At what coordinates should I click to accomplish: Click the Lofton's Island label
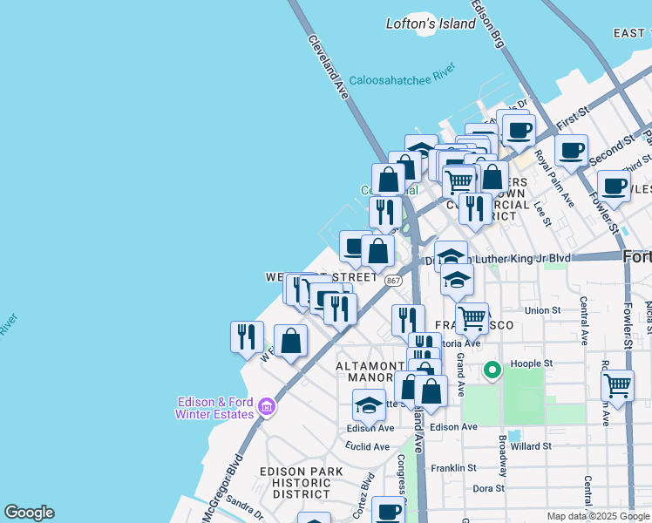point(431,24)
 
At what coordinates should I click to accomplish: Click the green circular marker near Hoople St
point(492,370)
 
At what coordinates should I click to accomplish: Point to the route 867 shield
point(393,280)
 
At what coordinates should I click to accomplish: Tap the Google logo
point(29,513)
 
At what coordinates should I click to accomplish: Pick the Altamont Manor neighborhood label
point(366,373)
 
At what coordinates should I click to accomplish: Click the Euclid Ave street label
point(368,446)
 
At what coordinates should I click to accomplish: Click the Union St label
point(542,309)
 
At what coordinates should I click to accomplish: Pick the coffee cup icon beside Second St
point(571,150)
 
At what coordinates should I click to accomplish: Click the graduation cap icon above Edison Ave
point(369,405)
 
